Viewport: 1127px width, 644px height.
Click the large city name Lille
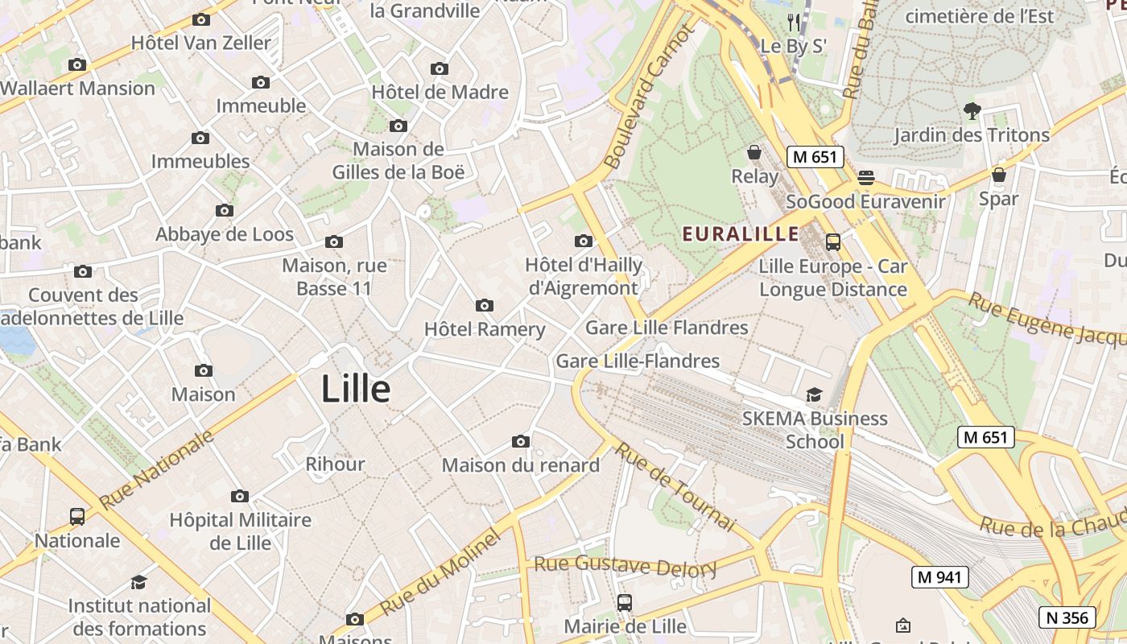(356, 390)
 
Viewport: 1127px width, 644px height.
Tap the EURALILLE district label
(741, 234)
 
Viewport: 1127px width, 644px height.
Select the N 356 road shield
(1067, 617)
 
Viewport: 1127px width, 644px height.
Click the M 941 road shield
(940, 576)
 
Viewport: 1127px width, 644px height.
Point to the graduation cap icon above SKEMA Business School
(815, 394)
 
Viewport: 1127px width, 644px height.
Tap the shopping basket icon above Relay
(754, 152)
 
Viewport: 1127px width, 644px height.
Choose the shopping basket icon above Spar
(999, 175)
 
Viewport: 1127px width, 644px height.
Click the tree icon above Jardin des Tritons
(972, 111)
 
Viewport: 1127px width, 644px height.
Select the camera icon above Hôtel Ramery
(485, 305)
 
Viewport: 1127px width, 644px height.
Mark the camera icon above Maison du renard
(521, 441)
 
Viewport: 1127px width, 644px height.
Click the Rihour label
(335, 464)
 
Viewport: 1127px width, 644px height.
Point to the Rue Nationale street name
(157, 469)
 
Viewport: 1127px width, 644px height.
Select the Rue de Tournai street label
(675, 486)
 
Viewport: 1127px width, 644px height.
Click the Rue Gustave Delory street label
(625, 565)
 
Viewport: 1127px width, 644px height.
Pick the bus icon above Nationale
(77, 516)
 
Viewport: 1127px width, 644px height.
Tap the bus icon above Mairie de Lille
(624, 602)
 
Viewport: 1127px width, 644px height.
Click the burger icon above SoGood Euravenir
(866, 177)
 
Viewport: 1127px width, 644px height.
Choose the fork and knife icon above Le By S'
(795, 22)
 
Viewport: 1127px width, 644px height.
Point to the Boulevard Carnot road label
(648, 97)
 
